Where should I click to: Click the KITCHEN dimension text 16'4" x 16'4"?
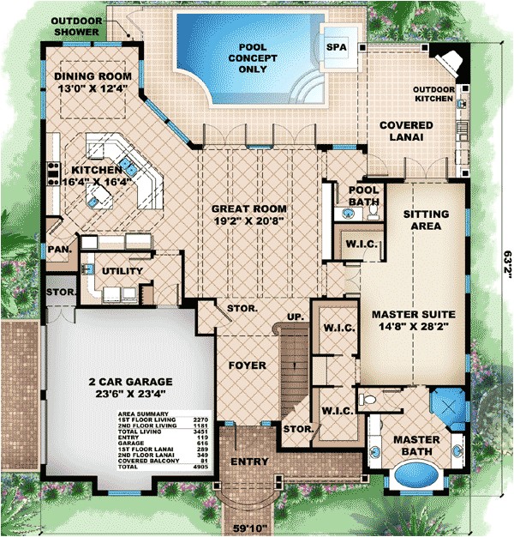[94, 182]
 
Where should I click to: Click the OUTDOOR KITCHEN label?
[433, 94]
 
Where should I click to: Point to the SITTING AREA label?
[424, 220]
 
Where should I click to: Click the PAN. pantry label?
[58, 249]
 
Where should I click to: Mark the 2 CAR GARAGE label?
[128, 381]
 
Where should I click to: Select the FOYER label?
[246, 365]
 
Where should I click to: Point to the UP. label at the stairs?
[294, 317]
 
